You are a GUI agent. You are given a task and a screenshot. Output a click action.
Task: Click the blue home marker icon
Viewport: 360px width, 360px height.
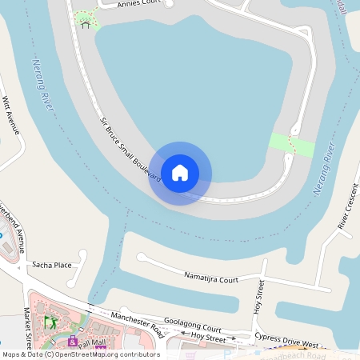click(180, 172)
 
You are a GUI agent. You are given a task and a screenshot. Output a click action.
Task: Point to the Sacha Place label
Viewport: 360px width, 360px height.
click(51, 264)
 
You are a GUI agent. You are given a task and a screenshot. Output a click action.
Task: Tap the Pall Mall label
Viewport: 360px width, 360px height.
click(93, 342)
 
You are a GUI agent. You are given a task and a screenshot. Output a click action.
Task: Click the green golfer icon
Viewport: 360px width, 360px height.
click(50, 322)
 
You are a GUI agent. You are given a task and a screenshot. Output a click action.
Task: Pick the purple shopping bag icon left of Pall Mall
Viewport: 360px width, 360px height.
click(73, 342)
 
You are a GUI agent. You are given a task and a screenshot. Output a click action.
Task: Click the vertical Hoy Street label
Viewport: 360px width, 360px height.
click(258, 298)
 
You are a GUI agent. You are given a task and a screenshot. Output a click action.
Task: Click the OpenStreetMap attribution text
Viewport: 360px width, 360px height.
click(80, 354)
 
